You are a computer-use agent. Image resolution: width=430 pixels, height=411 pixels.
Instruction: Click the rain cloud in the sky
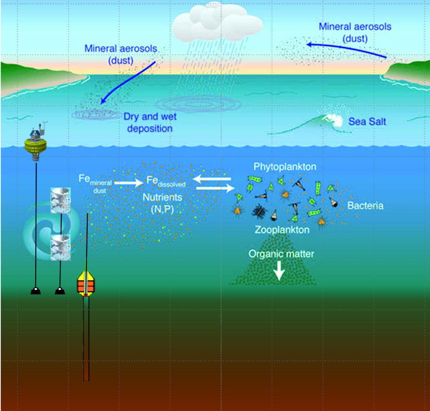tap(218, 22)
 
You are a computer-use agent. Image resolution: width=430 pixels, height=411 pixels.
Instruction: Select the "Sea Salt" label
tap(367, 122)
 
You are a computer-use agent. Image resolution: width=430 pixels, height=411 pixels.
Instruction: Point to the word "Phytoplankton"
tap(285, 167)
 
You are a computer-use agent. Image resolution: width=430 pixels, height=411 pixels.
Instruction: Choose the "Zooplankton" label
tap(282, 230)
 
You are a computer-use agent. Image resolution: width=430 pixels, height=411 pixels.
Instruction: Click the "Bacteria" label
tap(365, 206)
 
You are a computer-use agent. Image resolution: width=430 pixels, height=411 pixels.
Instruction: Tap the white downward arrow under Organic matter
tap(279, 271)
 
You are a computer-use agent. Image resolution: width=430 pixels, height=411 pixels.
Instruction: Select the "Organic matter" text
tap(281, 254)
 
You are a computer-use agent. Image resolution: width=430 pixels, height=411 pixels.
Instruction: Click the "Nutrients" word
tap(162, 198)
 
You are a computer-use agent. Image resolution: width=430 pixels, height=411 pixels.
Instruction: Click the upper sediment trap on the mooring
tap(61, 200)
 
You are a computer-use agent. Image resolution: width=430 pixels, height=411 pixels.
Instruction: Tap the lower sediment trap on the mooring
tap(61, 247)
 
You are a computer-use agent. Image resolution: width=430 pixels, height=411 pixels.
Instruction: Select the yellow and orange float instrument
tap(86, 284)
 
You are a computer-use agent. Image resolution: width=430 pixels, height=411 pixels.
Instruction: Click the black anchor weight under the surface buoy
tap(36, 291)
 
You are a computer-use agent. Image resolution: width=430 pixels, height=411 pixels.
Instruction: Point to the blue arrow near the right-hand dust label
tap(347, 49)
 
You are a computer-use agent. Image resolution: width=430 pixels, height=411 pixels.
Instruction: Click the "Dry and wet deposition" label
tap(150, 122)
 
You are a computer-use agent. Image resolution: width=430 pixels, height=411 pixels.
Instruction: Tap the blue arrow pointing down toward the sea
tap(128, 83)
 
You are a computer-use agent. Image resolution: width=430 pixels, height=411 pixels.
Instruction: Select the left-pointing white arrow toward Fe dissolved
tap(212, 179)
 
